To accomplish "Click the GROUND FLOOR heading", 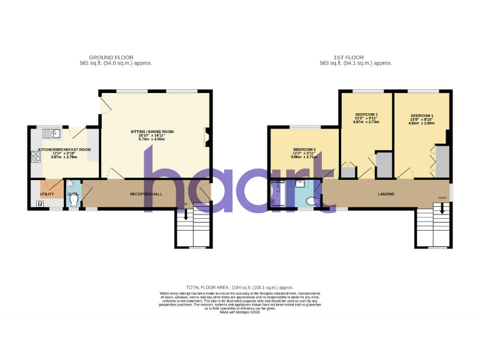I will (111, 57).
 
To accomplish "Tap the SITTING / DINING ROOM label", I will (152, 132).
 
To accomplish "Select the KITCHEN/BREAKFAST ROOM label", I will (64, 149).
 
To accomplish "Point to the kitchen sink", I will (52, 132).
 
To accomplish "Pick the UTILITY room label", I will (47, 195).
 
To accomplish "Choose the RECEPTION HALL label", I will (146, 194).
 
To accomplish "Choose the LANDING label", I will (386, 194).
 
